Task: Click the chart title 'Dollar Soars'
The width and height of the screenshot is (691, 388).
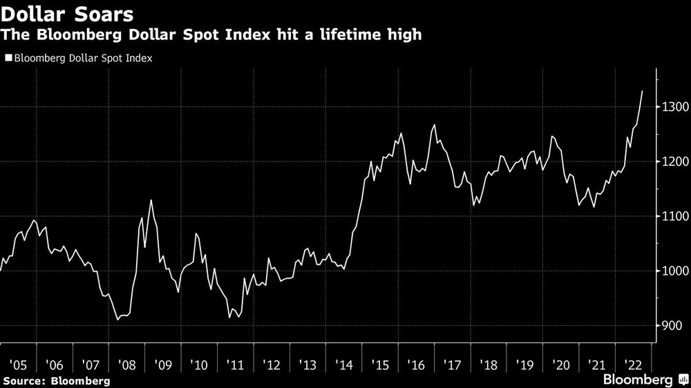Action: (x=67, y=13)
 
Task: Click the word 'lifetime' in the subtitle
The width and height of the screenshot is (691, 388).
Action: (x=335, y=34)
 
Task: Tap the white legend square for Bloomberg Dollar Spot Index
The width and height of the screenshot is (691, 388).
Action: (x=8, y=59)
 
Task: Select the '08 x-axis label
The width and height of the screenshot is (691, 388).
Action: (x=126, y=363)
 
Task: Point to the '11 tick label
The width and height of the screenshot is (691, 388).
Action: (x=235, y=363)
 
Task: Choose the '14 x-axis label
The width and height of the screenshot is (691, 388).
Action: (x=343, y=363)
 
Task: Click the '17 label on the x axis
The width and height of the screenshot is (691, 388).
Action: (x=452, y=363)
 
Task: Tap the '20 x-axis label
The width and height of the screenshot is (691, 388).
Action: (x=560, y=363)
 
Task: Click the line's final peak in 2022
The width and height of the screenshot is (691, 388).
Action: (x=643, y=91)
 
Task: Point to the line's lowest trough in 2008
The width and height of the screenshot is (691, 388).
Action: (x=118, y=320)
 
